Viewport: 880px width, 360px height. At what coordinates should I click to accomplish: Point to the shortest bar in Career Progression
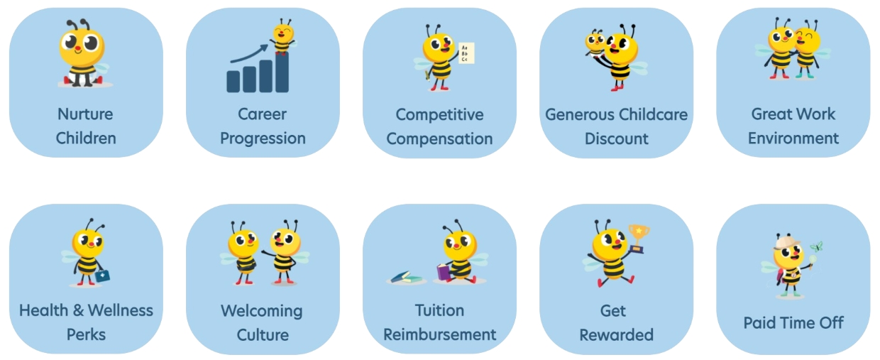tap(233, 81)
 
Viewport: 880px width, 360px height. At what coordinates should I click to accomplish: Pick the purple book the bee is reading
tap(444, 272)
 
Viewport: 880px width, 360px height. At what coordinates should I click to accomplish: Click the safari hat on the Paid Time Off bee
tap(787, 244)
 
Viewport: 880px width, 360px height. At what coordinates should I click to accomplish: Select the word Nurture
tap(85, 114)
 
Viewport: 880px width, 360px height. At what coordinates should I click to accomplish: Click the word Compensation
tap(439, 138)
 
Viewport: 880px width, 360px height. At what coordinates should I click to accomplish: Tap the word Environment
tap(793, 138)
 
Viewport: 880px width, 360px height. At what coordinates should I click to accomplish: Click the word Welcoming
tap(262, 311)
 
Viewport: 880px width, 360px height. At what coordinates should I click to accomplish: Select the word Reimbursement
tap(439, 334)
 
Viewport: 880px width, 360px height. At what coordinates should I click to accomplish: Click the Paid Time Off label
tap(793, 323)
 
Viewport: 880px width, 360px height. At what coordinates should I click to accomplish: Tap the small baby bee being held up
tap(595, 41)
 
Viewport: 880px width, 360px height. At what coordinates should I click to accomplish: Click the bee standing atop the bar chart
tap(282, 36)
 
